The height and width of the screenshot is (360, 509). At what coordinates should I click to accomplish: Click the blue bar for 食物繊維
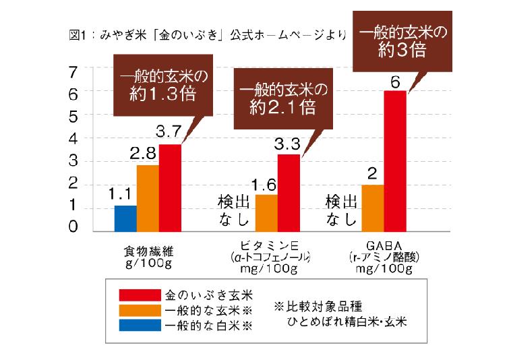pyautogui.click(x=125, y=217)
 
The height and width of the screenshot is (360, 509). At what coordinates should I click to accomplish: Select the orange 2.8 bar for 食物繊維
pyautogui.click(x=148, y=197)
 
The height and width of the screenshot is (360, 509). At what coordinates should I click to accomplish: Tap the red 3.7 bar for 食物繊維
pyautogui.click(x=170, y=187)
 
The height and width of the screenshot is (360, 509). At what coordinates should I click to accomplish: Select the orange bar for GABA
pyautogui.click(x=372, y=207)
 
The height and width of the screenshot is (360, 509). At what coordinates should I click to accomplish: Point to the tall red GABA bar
pyautogui.click(x=394, y=160)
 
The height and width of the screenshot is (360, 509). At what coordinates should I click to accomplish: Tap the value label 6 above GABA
pyautogui.click(x=395, y=82)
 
